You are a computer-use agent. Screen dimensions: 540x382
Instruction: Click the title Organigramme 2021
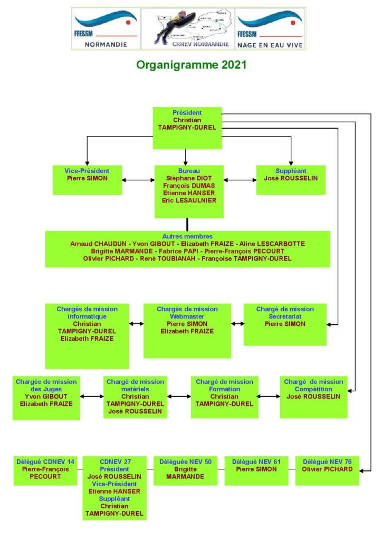[191, 65]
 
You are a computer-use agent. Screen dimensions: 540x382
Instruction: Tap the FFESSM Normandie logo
[106, 28]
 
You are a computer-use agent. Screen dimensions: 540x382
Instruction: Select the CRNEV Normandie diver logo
[187, 28]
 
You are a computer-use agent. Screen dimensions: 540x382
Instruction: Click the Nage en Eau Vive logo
[270, 28]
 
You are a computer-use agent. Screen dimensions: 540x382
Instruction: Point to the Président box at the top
[187, 128]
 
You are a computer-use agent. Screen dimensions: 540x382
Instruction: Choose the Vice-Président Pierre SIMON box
[87, 179]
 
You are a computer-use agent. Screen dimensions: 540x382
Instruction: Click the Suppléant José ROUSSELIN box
[291, 179]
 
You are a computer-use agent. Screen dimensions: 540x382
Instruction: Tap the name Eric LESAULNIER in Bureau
[189, 200]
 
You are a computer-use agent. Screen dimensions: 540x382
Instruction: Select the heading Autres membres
[187, 236]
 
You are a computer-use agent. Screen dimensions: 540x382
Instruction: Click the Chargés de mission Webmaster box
[187, 330]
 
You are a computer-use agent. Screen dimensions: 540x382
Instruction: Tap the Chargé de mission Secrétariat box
[285, 323]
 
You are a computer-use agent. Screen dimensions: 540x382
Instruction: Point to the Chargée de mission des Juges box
[46, 397]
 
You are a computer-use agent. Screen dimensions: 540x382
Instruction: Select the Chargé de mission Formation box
[224, 397]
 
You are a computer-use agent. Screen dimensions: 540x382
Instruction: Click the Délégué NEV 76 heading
[327, 461]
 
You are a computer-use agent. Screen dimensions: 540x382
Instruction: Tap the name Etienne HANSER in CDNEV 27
[114, 491]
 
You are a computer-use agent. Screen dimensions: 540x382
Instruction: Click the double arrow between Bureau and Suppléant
[240, 180]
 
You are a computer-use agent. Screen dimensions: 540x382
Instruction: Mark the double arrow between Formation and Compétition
[269, 397]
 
